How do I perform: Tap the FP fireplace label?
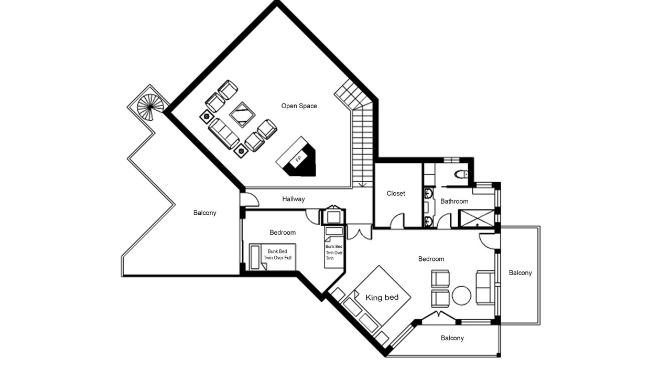click(x=298, y=159)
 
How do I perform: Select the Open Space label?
click(x=299, y=106)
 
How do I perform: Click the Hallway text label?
click(x=293, y=199)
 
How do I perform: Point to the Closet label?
click(x=396, y=194)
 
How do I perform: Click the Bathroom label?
click(x=454, y=201)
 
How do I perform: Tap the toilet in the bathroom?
click(x=461, y=174)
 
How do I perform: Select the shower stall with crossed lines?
click(x=477, y=218)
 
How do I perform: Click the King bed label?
click(x=382, y=298)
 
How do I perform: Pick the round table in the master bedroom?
click(x=461, y=296)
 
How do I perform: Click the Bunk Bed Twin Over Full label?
click(x=277, y=255)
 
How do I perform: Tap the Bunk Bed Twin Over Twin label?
click(x=334, y=253)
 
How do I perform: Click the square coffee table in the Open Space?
click(x=242, y=114)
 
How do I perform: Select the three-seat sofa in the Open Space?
click(x=224, y=133)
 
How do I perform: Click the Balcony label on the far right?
click(x=521, y=272)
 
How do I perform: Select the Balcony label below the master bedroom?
click(x=452, y=338)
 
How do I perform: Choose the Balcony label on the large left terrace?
click(x=204, y=213)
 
